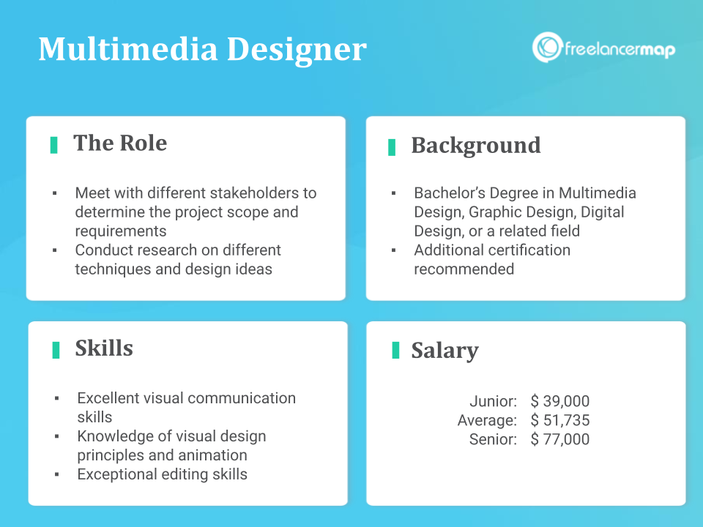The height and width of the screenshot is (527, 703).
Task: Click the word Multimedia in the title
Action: [x=127, y=48]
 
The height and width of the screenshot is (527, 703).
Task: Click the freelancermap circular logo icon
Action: [x=547, y=47]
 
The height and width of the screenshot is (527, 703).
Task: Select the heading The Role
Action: [x=120, y=143]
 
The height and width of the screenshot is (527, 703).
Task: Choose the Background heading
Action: [x=476, y=146]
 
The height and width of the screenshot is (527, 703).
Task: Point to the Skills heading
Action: [x=104, y=348]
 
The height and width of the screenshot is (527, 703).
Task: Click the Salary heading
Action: [x=445, y=351]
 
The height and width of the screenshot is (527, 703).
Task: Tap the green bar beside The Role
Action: [x=53, y=145]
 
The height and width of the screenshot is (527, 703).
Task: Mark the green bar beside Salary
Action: [x=395, y=350]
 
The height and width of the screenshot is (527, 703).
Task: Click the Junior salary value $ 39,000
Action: [x=560, y=400]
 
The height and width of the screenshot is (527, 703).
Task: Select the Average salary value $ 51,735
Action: [x=560, y=420]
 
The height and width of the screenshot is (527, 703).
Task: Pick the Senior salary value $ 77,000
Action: [x=560, y=439]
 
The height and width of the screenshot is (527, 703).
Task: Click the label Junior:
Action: [x=493, y=400]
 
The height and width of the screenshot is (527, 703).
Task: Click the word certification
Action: [x=528, y=250]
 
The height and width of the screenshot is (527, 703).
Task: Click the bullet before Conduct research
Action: [x=55, y=250]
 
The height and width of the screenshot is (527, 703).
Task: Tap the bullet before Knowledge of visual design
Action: [x=56, y=436]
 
